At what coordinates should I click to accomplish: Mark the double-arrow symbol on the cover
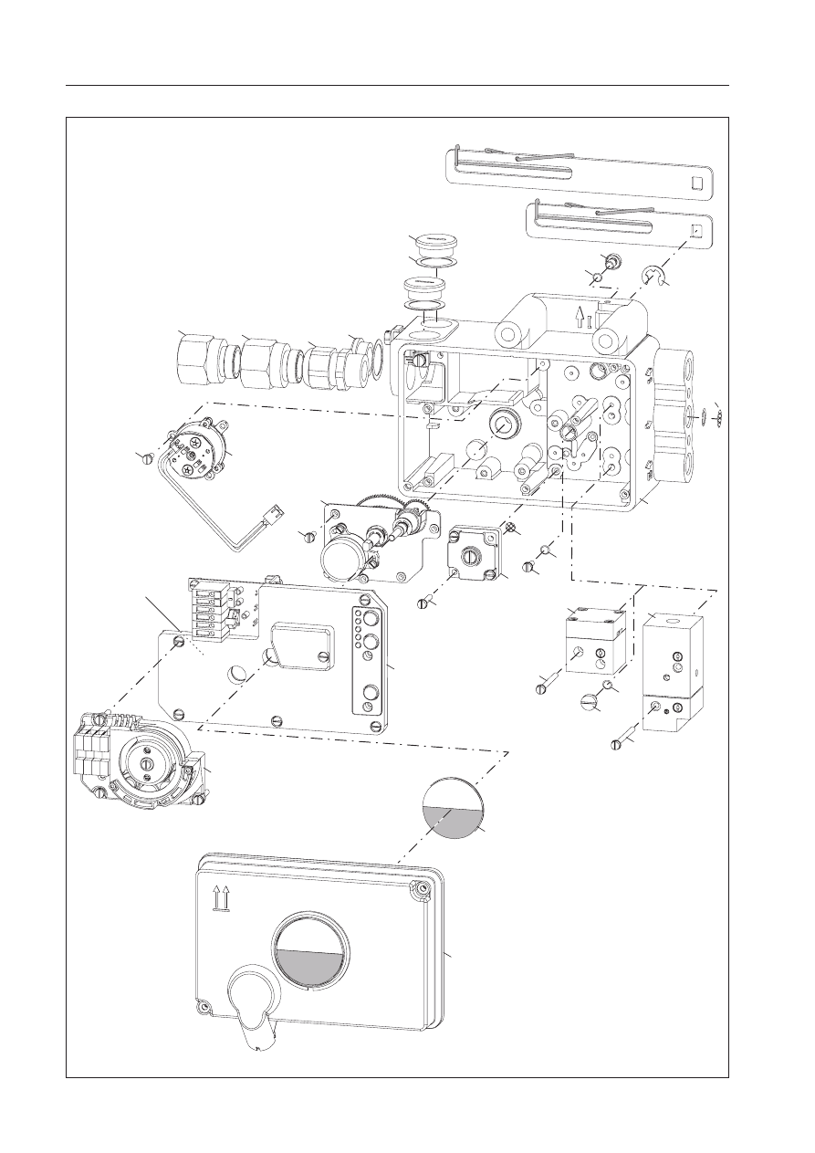pos(219,898)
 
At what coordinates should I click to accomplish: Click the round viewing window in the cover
pos(309,949)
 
